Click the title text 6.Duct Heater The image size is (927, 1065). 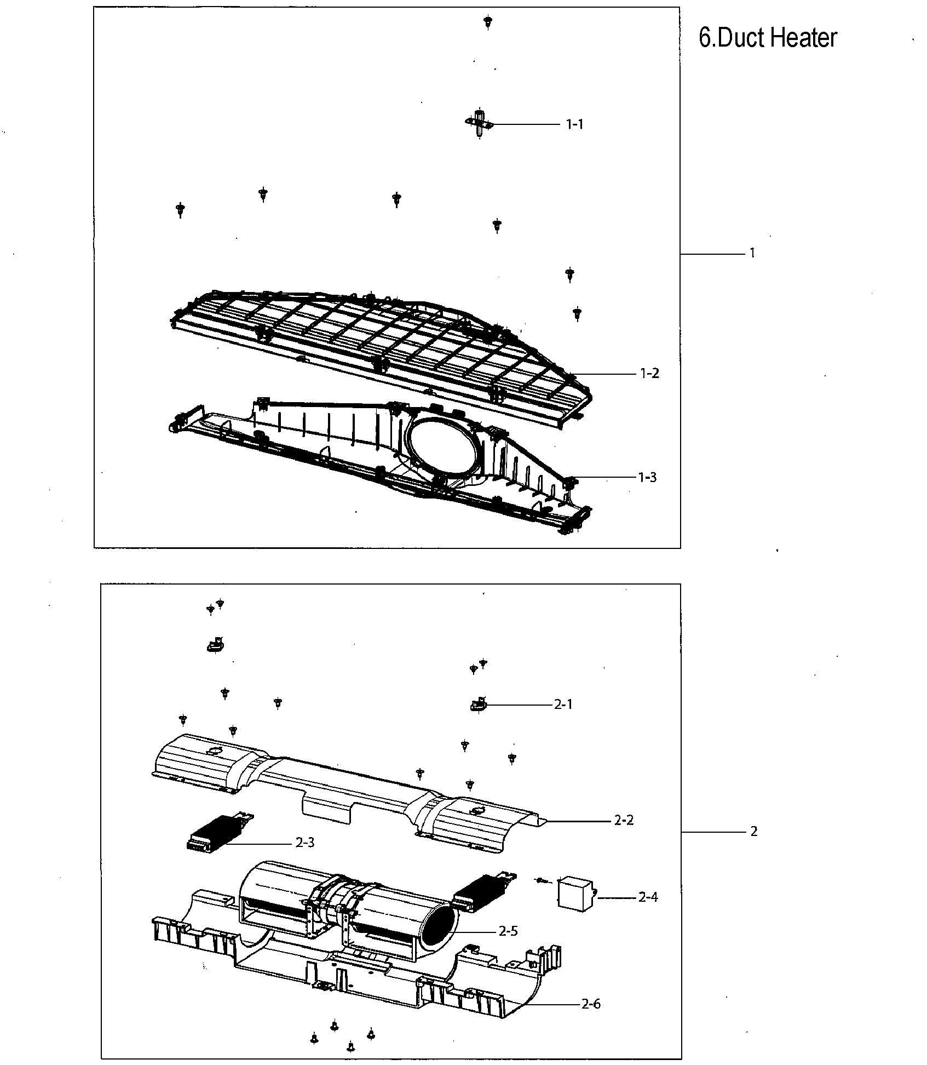[x=768, y=38]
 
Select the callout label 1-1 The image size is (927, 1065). [x=574, y=125]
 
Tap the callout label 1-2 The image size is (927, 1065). [x=649, y=374]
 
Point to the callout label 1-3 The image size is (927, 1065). [x=647, y=477]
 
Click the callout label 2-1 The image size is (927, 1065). [x=563, y=705]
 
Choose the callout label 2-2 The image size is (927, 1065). [x=624, y=836]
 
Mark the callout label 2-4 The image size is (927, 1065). [x=648, y=897]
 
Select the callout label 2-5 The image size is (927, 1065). [x=508, y=931]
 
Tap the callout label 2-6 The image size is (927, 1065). [x=591, y=1004]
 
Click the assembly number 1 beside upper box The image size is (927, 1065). [x=752, y=253]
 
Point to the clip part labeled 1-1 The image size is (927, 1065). [x=480, y=124]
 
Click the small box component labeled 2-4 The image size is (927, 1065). [x=574, y=895]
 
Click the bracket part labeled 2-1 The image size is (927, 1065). [x=478, y=705]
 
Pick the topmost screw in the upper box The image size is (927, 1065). [x=487, y=22]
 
